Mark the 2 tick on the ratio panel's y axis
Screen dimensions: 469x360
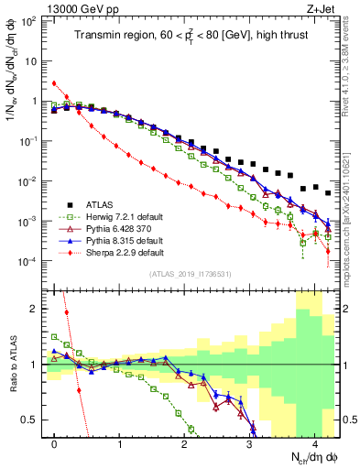click(38, 309)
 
